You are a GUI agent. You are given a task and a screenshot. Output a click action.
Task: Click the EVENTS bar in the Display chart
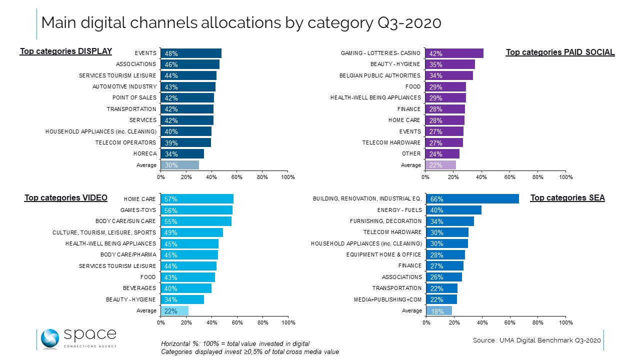[x=191, y=53]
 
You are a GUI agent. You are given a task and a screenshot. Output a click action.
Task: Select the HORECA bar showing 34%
[x=182, y=154]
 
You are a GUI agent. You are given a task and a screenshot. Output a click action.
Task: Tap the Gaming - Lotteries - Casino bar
[x=454, y=53]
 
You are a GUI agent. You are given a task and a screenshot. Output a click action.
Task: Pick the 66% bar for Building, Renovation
[x=472, y=199]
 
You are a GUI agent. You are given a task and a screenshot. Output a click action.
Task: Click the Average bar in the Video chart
[x=174, y=311]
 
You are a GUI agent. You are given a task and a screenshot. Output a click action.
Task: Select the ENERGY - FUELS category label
[x=399, y=210]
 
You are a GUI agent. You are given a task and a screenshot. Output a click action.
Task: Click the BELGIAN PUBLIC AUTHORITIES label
[x=379, y=75]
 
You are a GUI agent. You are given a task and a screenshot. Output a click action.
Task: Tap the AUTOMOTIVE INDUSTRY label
[x=124, y=86]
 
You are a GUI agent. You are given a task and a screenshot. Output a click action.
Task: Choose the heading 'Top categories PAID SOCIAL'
[x=560, y=52]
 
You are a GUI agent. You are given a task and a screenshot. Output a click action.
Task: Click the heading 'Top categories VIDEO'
[x=66, y=197]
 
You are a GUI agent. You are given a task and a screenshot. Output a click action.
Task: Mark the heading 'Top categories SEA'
[x=567, y=198]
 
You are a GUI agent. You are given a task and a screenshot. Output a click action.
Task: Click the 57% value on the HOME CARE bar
[x=171, y=199]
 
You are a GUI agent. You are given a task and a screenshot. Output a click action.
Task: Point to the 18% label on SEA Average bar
[x=436, y=311]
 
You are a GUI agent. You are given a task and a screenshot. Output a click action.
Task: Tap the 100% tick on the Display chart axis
[x=288, y=177]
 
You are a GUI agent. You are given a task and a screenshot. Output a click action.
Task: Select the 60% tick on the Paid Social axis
[x=510, y=177]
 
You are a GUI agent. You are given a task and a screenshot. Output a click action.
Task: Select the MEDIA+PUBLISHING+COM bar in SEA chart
[x=441, y=299]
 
